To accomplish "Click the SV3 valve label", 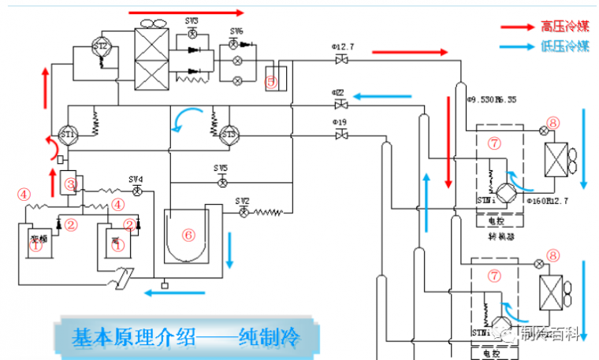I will [192, 18].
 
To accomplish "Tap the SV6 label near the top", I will [236, 31].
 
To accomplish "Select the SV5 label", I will [221, 169].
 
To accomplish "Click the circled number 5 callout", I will [272, 80].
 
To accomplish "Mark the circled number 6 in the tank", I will [188, 235].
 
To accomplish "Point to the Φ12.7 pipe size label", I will [343, 48].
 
